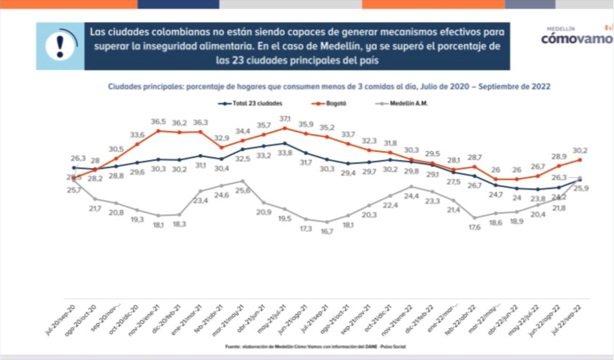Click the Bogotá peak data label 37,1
click(x=285, y=119)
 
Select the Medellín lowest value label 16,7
click(x=326, y=231)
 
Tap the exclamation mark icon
click(x=60, y=46)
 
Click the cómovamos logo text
click(x=577, y=39)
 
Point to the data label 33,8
click(x=285, y=153)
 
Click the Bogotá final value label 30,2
click(x=580, y=151)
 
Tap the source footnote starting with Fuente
click(x=315, y=346)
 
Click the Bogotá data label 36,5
click(x=158, y=122)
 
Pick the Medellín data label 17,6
click(x=474, y=227)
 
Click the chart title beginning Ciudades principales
click(x=329, y=87)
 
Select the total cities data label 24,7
click(x=495, y=195)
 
